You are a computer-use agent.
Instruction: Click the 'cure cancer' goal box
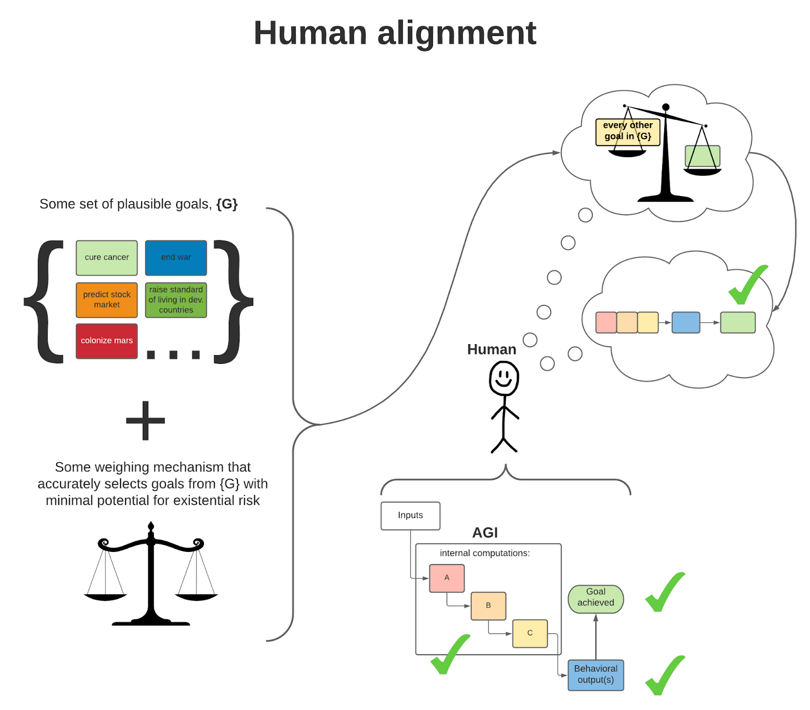(x=106, y=257)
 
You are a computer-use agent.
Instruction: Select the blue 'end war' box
(x=176, y=257)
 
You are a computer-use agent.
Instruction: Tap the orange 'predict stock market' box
(x=106, y=300)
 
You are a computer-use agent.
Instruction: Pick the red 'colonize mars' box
(x=106, y=341)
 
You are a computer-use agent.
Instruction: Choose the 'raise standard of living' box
(x=176, y=300)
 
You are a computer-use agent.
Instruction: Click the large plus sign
(x=145, y=421)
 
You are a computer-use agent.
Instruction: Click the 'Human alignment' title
(x=394, y=33)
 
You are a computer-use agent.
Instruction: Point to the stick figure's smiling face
(x=504, y=378)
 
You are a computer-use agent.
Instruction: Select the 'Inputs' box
(x=410, y=515)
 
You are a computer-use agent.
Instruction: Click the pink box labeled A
(x=447, y=578)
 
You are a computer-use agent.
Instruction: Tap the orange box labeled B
(x=488, y=606)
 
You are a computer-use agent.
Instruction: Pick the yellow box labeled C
(x=530, y=633)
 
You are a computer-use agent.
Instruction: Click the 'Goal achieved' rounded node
(x=595, y=598)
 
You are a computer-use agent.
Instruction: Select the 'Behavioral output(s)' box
(x=595, y=675)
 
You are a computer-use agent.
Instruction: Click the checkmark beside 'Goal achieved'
(x=664, y=593)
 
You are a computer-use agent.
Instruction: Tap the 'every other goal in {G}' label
(x=627, y=131)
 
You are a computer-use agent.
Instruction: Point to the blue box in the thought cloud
(x=685, y=322)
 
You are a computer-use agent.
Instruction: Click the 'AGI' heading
(x=484, y=533)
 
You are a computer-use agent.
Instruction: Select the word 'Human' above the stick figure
(x=491, y=349)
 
